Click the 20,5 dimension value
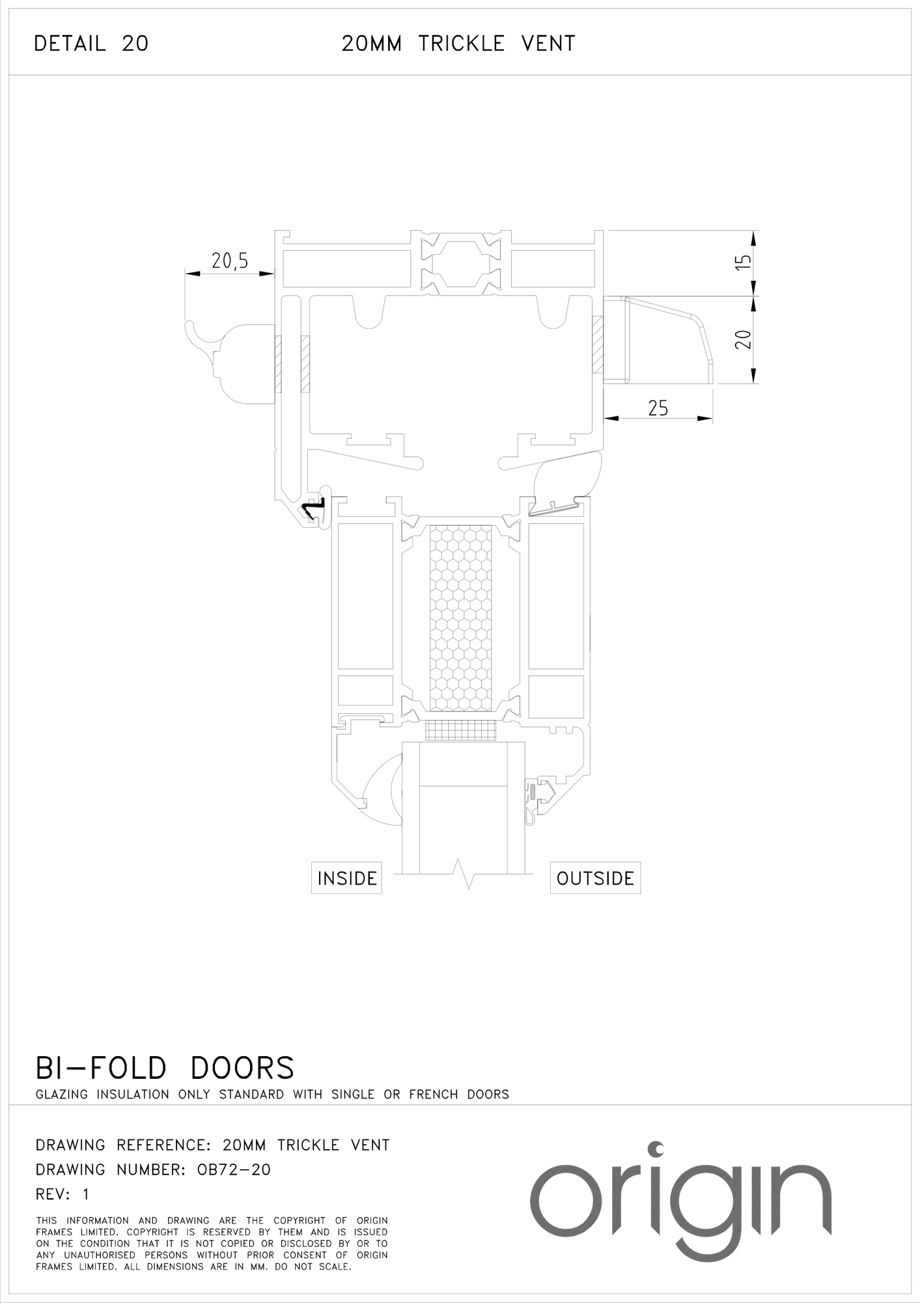tap(230, 261)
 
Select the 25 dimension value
tap(658, 408)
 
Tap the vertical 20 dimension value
tap(743, 339)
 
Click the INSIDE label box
tap(346, 878)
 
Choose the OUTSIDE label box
tap(595, 878)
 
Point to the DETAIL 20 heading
tap(91, 44)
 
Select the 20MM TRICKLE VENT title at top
tap(458, 44)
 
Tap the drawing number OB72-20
tap(234, 1169)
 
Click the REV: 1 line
tap(63, 1194)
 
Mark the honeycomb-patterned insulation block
tap(461, 618)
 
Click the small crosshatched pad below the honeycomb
tap(461, 730)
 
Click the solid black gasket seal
tap(313, 510)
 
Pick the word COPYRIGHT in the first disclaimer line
tap(300, 1220)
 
